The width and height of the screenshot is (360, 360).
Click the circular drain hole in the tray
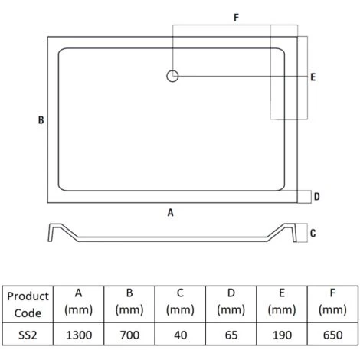172,76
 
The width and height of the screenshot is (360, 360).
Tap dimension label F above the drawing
237,18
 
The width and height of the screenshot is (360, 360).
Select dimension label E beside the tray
313,77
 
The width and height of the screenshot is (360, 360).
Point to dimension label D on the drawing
317,197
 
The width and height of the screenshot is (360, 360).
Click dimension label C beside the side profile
313,233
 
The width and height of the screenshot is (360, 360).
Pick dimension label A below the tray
171,212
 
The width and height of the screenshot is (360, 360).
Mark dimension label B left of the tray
41,120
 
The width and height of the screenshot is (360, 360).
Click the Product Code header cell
28,304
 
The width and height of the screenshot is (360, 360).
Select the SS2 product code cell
28,335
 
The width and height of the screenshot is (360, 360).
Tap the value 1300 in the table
79,335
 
